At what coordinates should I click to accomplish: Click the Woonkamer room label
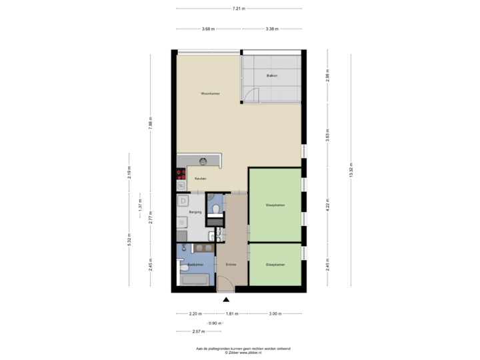pos(210,93)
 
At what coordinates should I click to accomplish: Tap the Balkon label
pos(271,75)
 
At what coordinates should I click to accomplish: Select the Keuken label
pos(201,179)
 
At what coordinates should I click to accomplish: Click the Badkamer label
pos(195,265)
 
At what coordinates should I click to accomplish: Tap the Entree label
pos(231,265)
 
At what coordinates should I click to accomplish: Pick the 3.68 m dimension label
pos(209,29)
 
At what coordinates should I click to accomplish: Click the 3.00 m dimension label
pos(274,313)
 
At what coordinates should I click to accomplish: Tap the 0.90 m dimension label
pos(214,322)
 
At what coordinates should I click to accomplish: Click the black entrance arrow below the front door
pos(226,299)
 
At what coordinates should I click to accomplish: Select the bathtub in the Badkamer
pos(195,280)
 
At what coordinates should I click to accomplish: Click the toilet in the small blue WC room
pos(215,209)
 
